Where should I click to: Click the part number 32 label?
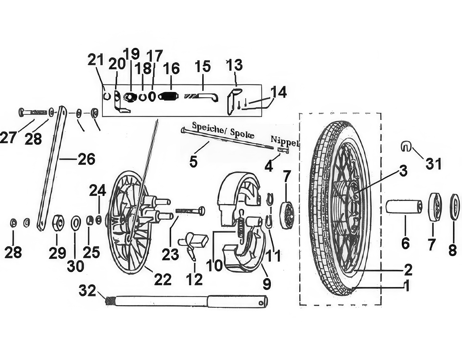pyautogui.click(x=88, y=291)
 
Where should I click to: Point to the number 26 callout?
pyautogui.click(x=86, y=159)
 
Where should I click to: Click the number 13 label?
pyautogui.click(x=235, y=65)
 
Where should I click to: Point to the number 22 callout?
pyautogui.click(x=163, y=279)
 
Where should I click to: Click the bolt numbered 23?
pyautogui.click(x=191, y=211)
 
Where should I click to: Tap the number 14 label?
pyautogui.click(x=278, y=92)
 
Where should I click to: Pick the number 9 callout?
pyautogui.click(x=267, y=283)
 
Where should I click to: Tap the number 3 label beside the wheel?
pyautogui.click(x=403, y=171)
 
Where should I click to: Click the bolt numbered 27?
pyautogui.click(x=33, y=112)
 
